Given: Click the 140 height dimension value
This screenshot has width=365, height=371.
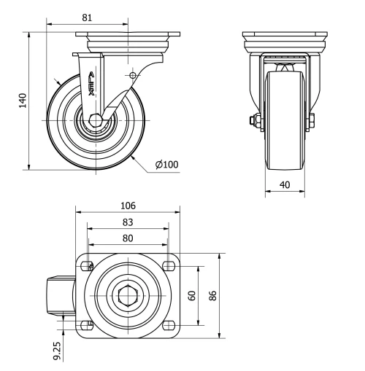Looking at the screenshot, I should pos(23,100).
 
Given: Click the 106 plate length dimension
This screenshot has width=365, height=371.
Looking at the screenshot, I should pos(128,206).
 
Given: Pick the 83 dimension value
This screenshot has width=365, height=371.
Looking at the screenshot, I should pos(128,222).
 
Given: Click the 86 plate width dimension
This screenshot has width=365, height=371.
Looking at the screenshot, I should pos(213,295).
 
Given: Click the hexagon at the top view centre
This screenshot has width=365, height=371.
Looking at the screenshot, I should pos(128,296).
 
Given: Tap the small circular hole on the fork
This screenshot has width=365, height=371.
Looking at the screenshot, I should pos(132,75).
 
